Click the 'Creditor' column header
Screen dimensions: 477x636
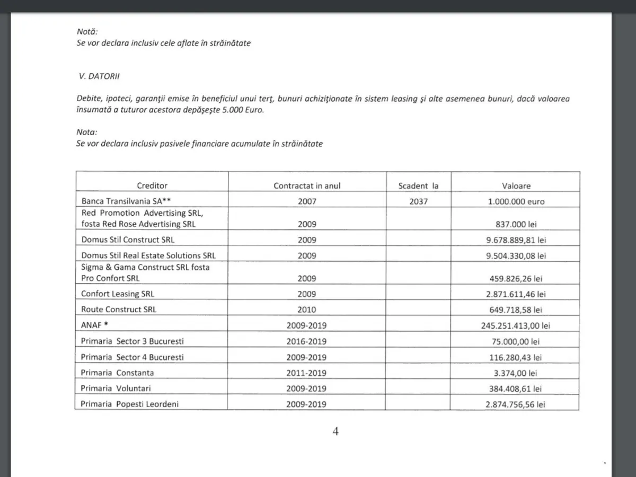pos(152,185)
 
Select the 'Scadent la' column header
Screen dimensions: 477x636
pos(418,186)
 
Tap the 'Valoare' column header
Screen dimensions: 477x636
pos(516,186)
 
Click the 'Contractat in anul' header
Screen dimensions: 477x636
pos(307,186)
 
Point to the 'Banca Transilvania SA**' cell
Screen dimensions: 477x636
pos(126,201)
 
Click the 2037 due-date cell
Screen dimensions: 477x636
pos(418,201)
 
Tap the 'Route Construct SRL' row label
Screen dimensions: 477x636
pos(119,310)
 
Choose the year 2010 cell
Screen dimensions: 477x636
pos(307,310)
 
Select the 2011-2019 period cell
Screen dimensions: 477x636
pos(307,373)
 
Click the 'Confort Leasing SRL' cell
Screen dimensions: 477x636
pos(118,294)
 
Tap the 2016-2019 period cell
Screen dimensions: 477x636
pos(307,341)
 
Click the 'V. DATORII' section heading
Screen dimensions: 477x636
pos(99,76)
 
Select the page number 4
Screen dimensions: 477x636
pos(335,431)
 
